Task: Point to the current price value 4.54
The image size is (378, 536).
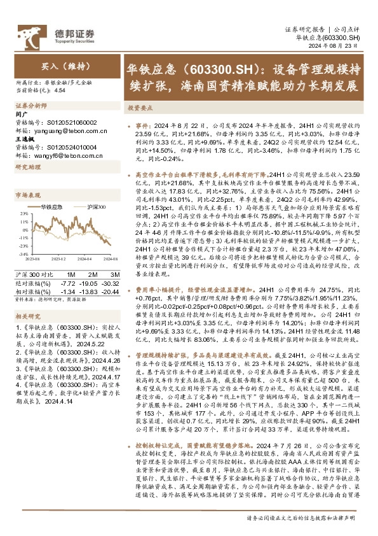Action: point(61,91)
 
